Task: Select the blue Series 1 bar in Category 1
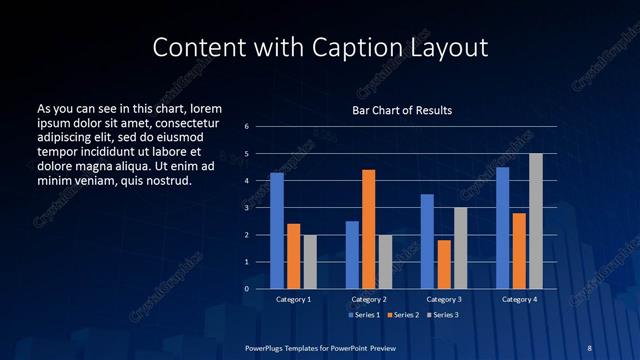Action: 277,231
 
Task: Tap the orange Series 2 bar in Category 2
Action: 369,229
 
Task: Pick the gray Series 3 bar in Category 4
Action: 536,221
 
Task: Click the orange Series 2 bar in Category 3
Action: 444,264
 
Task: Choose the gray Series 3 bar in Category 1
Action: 310,262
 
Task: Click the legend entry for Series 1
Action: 365,315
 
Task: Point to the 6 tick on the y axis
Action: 247,127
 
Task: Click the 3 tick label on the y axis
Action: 247,208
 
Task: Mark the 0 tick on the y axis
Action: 247,289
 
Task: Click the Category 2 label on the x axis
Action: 369,299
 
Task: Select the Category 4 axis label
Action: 518,299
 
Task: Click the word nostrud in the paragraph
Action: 166,181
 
